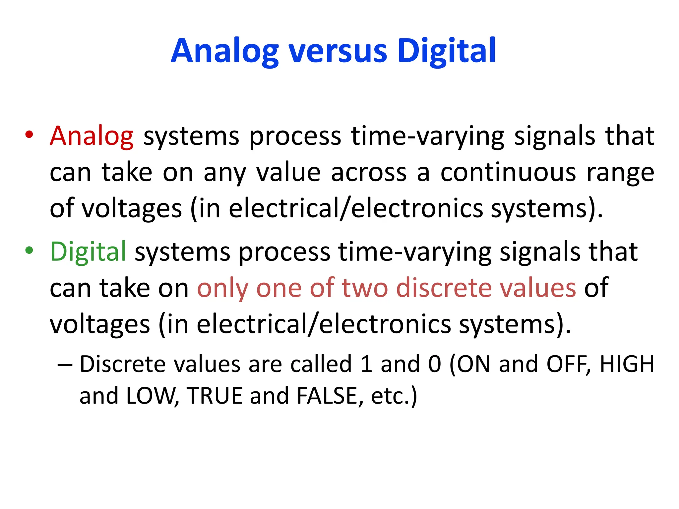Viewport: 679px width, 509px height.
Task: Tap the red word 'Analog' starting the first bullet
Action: (x=92, y=136)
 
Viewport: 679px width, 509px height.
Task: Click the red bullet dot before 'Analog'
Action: (x=29, y=135)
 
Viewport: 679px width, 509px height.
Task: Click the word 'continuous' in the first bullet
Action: (x=508, y=173)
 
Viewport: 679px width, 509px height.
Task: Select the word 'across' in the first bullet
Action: (x=369, y=173)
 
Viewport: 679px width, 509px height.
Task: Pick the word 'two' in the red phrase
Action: (x=365, y=288)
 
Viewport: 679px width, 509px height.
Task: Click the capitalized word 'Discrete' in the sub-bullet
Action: (x=122, y=364)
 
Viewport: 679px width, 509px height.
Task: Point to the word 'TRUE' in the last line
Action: (x=215, y=396)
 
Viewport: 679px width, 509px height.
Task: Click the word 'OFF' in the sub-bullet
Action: (x=567, y=364)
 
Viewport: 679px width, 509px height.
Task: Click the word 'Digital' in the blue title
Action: (x=446, y=51)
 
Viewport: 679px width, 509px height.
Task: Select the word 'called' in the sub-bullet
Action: (x=321, y=364)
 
